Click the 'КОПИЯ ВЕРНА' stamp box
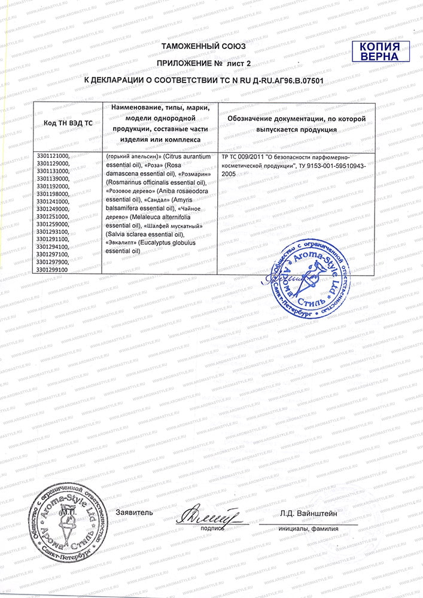point(380,51)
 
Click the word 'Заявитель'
point(135,512)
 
